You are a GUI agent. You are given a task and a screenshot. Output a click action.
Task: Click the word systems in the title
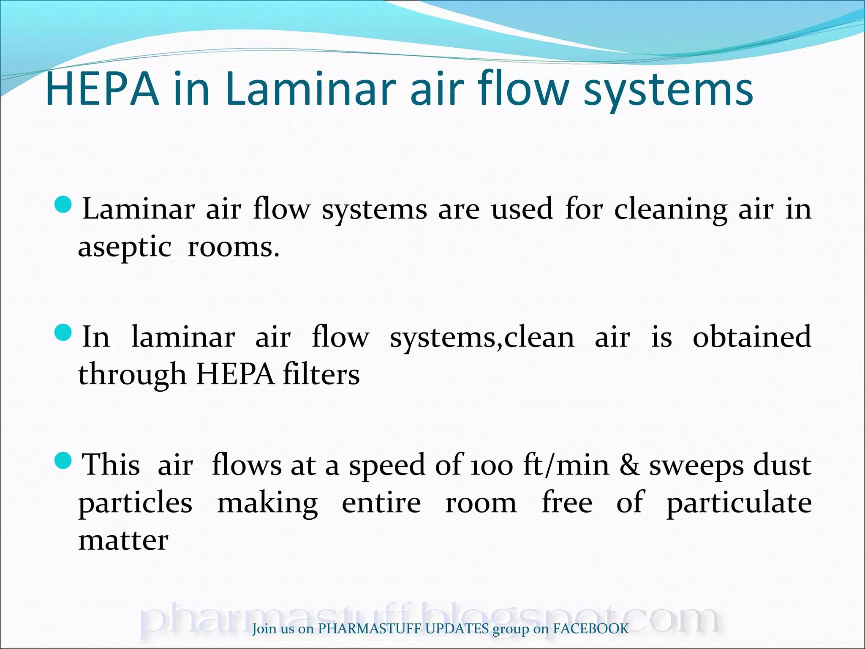coord(668,91)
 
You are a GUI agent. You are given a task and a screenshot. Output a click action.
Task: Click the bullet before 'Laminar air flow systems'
coord(64,205)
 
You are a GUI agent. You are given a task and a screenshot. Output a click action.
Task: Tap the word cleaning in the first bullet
coord(670,210)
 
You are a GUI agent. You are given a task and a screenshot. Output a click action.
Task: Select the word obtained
coord(752,337)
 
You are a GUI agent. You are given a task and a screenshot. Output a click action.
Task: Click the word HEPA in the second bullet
coord(235,374)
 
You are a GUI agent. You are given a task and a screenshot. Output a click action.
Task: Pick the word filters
coord(321,374)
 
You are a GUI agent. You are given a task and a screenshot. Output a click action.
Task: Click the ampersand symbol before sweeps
coord(629,465)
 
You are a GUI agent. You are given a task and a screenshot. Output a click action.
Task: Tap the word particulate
coord(739,503)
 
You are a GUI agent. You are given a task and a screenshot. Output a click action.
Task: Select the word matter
coord(123,540)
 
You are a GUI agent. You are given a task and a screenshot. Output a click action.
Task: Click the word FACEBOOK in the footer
coord(591,629)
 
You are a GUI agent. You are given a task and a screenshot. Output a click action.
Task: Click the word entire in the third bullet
coord(381,503)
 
